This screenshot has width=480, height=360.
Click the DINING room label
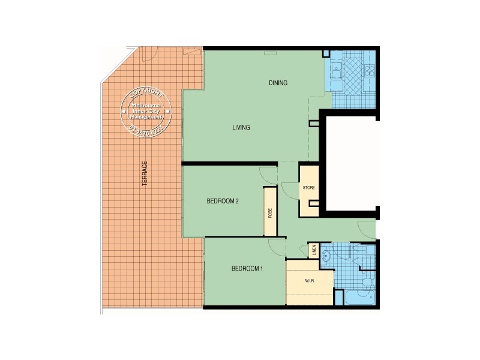point(278,83)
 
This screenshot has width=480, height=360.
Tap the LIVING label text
point(241,128)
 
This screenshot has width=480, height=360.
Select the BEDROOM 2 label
point(223,201)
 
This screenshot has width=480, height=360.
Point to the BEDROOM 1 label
point(247,268)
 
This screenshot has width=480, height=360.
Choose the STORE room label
point(308,188)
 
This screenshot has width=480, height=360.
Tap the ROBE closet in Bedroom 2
point(270,212)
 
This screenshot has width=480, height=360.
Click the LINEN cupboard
point(314,251)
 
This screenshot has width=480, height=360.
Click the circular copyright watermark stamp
point(147,112)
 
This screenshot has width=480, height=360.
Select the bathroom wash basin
point(327,256)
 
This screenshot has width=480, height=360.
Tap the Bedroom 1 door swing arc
point(277,247)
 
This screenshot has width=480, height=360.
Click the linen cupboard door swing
point(303,250)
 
